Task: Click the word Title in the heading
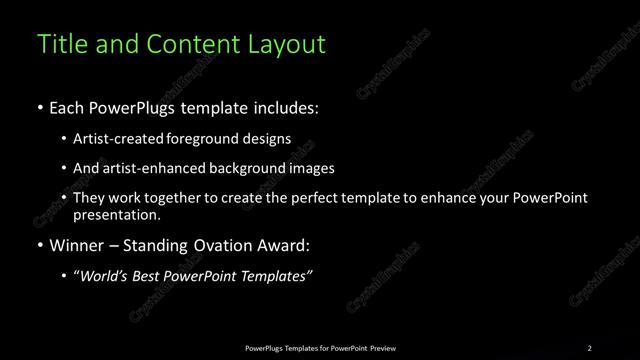(x=59, y=45)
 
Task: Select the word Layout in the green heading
(x=288, y=45)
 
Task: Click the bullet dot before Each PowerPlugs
(x=39, y=107)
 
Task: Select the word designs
(x=271, y=139)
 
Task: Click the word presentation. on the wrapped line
(x=116, y=215)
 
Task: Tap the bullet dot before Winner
(x=39, y=244)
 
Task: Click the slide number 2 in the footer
(x=589, y=347)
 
